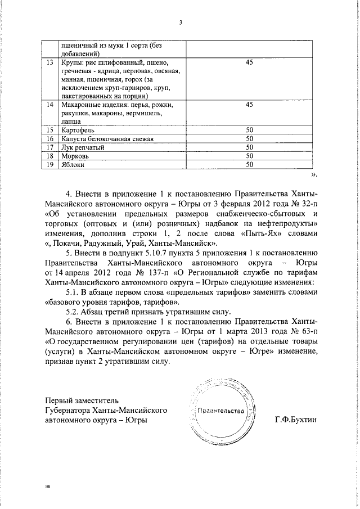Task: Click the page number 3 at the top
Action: click(181, 22)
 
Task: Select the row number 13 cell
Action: click(50, 62)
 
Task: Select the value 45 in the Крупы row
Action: click(250, 62)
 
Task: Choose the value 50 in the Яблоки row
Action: click(250, 164)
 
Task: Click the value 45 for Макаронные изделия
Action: click(250, 105)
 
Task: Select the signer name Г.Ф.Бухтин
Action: click(296, 420)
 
